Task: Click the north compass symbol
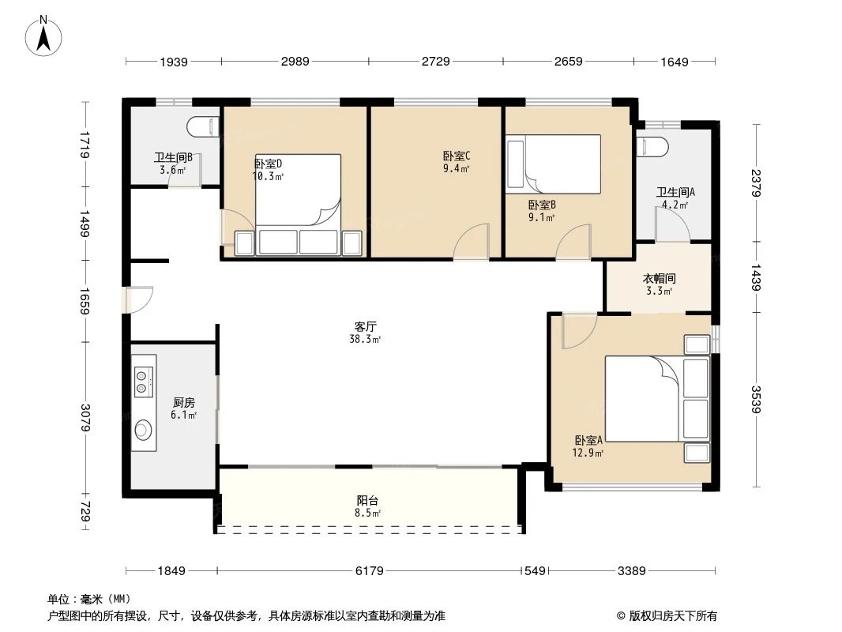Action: click(45, 36)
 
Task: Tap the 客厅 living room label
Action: click(365, 325)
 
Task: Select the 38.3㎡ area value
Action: click(366, 339)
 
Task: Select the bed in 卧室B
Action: click(554, 164)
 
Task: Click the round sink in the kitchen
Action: click(143, 430)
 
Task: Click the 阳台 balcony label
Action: click(367, 500)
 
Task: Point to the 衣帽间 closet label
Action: click(658, 279)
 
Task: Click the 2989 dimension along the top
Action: click(294, 62)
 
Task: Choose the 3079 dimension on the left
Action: click(86, 417)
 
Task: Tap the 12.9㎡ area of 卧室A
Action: click(588, 453)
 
